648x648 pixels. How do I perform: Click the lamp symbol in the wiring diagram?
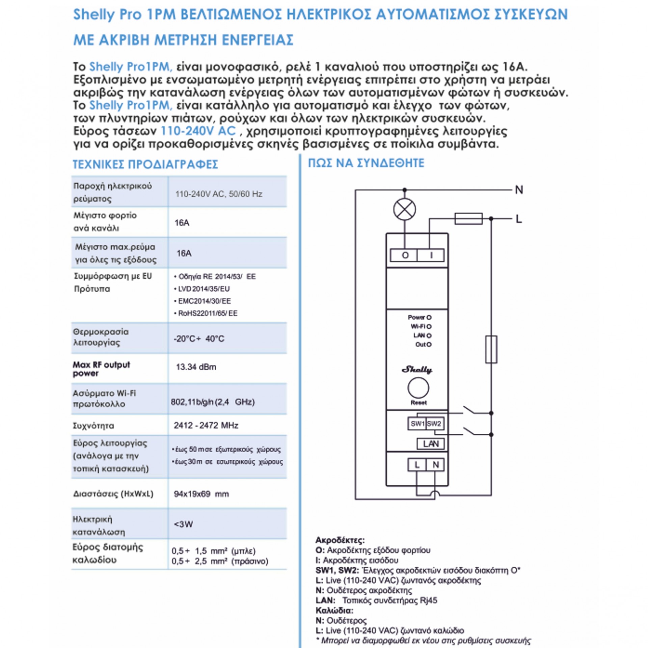[x=404, y=210]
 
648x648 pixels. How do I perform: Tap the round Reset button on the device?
[x=418, y=388]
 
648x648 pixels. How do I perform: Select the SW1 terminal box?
[x=417, y=424]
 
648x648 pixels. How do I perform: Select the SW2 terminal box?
[x=434, y=424]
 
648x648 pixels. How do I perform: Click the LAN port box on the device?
[x=431, y=444]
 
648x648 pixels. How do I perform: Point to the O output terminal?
[x=405, y=255]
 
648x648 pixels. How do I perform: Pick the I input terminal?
[x=431, y=255]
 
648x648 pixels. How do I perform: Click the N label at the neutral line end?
[x=519, y=190]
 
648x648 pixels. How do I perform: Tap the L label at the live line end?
[x=519, y=219]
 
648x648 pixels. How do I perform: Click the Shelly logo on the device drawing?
[x=417, y=370]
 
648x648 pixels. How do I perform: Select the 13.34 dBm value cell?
[x=196, y=367]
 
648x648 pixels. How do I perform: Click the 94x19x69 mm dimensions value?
[x=201, y=494]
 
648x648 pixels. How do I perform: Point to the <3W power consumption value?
[x=183, y=524]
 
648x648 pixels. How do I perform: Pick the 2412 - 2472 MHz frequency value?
[x=206, y=425]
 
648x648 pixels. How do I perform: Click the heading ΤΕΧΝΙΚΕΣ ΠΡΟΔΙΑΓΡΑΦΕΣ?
[x=145, y=164]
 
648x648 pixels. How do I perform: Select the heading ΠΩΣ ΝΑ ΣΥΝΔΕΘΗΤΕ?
[x=366, y=163]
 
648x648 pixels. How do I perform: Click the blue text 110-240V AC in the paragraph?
[x=198, y=131]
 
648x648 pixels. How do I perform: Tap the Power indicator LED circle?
[x=429, y=318]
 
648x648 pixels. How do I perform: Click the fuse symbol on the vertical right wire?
[x=491, y=349]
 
